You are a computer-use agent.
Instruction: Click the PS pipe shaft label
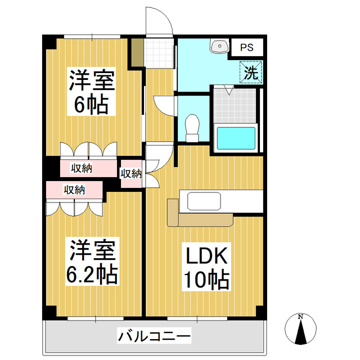coord(246,48)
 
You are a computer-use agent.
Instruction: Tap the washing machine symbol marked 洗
coord(251,71)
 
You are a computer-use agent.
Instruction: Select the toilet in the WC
coord(192,128)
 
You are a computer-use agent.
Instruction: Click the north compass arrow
coord(300,332)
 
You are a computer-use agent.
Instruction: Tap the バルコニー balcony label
coord(155,337)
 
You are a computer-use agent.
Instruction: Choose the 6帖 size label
coord(92,105)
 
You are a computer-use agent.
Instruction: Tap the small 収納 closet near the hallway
coord(131,173)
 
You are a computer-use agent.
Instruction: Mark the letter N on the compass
coord(300,317)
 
